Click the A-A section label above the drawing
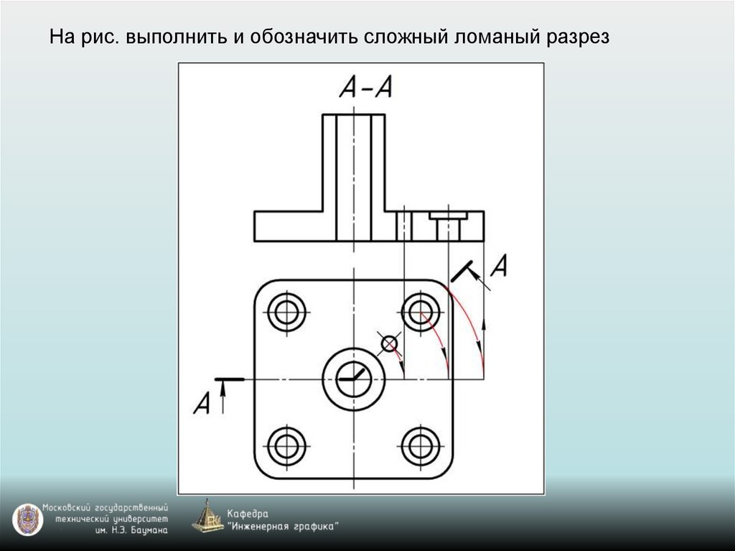click(x=365, y=88)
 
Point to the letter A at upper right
click(x=500, y=267)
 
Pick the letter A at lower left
click(x=202, y=404)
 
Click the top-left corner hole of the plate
click(x=286, y=312)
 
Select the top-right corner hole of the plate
click(x=421, y=312)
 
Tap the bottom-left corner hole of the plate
click(x=286, y=446)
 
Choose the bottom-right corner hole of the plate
click(x=421, y=446)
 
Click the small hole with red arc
click(x=389, y=344)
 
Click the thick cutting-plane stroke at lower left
click(x=230, y=379)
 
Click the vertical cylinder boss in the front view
click(x=354, y=176)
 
